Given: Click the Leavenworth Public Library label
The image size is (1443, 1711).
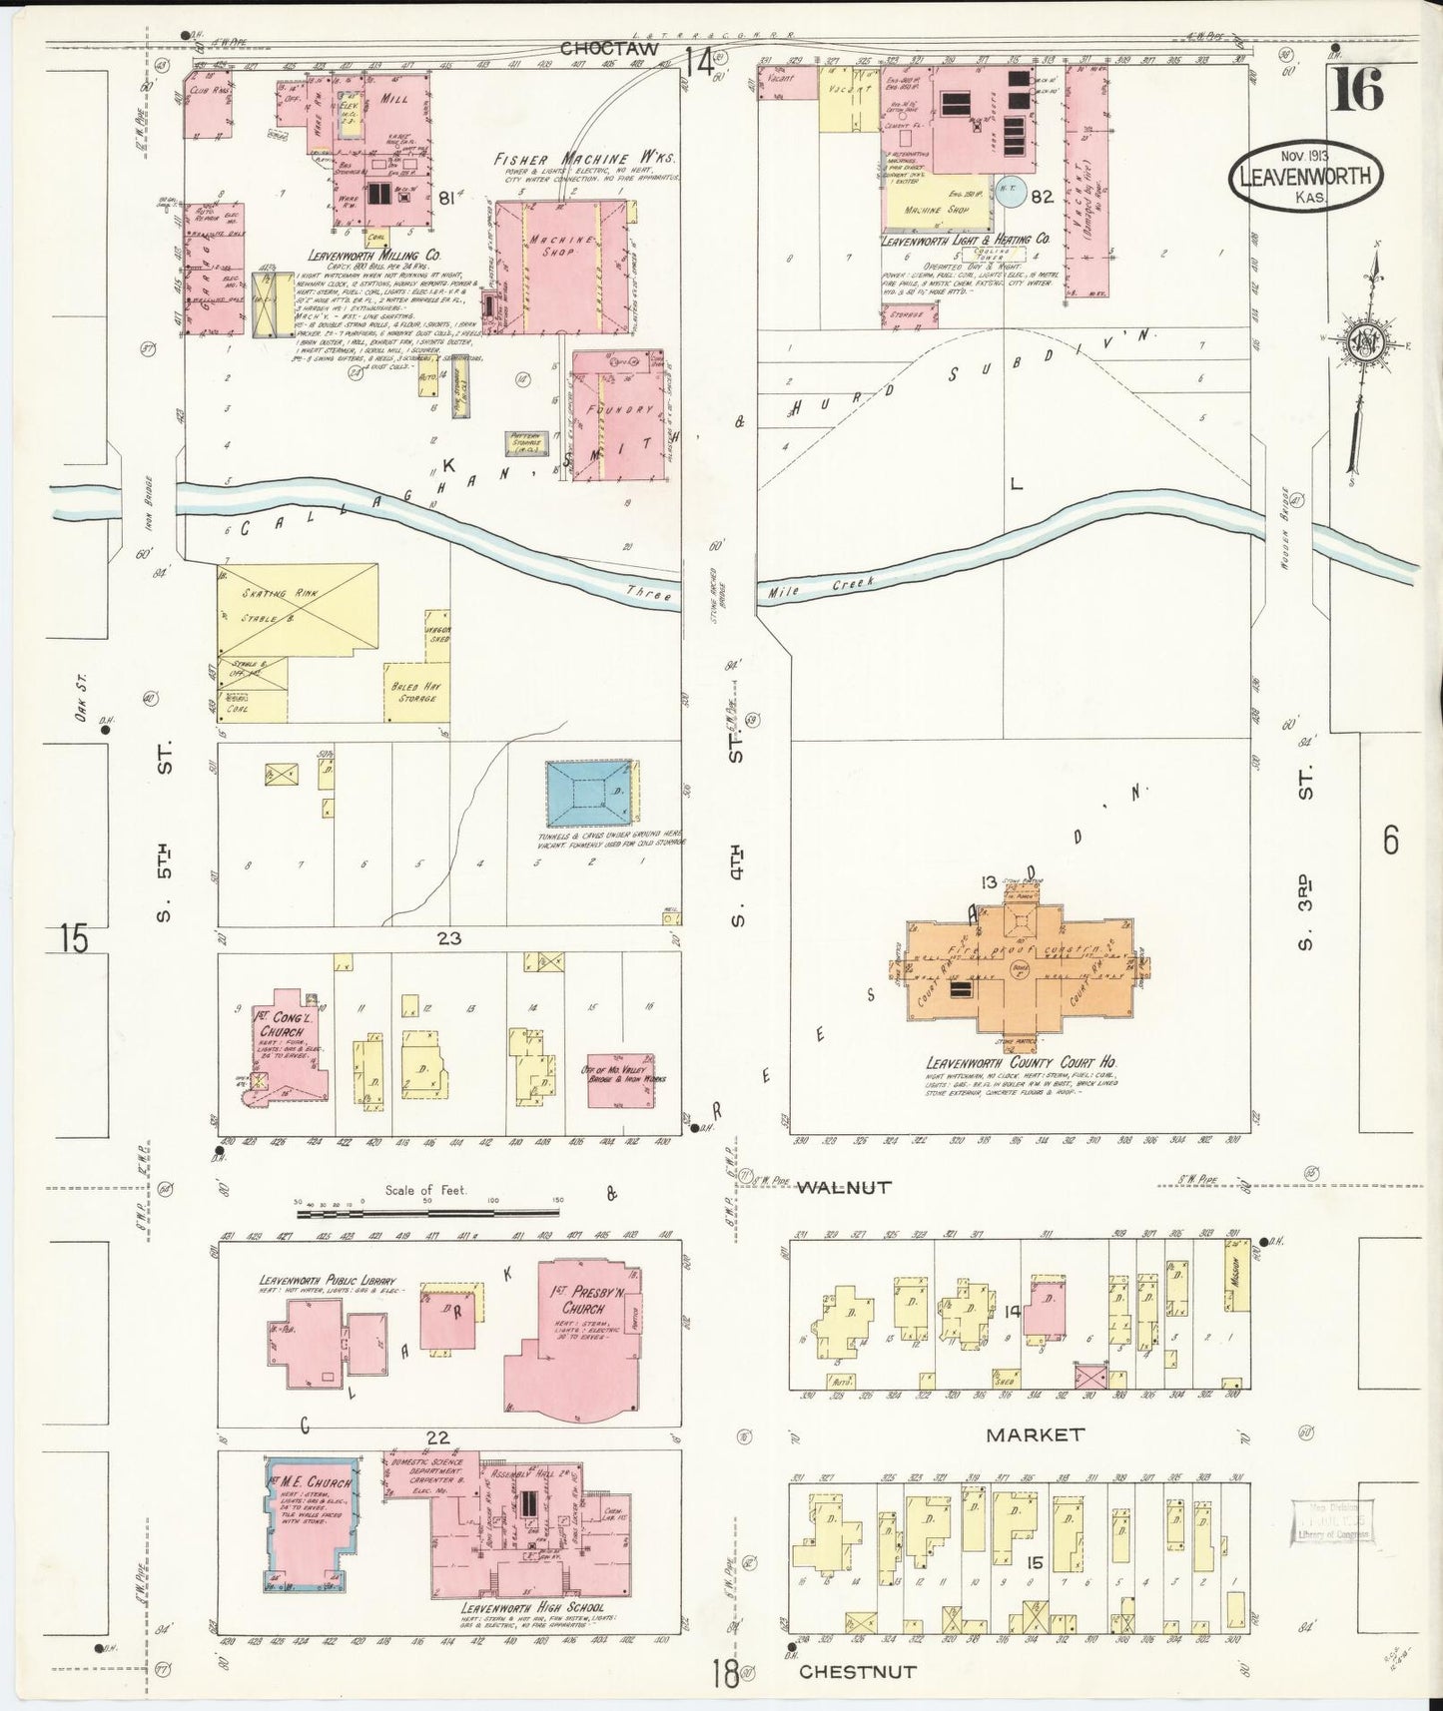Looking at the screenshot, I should (328, 1281).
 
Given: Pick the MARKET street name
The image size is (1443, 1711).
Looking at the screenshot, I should (1035, 1434).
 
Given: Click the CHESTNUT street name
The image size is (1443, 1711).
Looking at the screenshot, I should (857, 1671).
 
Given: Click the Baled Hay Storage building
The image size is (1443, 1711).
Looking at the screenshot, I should (416, 692).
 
